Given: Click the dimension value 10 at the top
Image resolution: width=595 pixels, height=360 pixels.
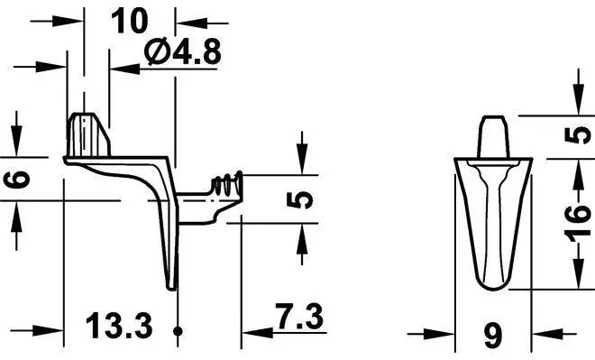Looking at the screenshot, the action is coord(129,21).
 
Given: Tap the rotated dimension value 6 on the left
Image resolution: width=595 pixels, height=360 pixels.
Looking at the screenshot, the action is coord(18,180).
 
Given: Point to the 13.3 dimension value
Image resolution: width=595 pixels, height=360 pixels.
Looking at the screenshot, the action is coord(119,326).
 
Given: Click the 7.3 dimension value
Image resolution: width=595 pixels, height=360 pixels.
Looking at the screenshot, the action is coord(299,317).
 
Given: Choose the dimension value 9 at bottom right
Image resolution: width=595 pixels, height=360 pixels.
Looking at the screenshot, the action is coord(493,336).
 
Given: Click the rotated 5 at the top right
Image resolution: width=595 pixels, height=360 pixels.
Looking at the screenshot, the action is coord(578,135).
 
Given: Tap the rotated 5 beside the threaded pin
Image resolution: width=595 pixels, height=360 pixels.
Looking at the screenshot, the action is coord(300,200).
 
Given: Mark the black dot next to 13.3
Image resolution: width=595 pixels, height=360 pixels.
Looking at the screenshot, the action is coord(178,331).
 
